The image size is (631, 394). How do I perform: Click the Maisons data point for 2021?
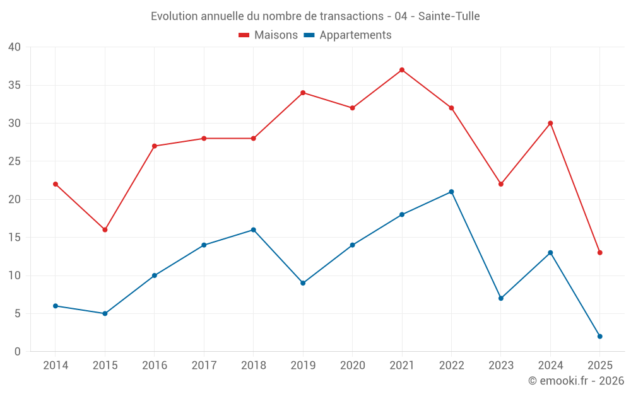(402, 70)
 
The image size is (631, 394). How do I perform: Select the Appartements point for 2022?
(451, 192)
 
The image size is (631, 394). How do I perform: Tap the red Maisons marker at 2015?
(105, 229)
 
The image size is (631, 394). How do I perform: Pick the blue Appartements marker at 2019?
(303, 283)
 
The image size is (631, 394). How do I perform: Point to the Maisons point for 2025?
(599, 253)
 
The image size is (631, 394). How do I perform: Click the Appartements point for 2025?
(599, 337)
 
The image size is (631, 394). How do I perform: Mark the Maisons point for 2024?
(550, 123)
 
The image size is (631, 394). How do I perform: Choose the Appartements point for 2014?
(56, 306)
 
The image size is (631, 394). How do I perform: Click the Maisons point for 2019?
(303, 93)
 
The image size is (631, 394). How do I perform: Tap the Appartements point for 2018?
(253, 229)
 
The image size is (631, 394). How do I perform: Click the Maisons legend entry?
(268, 35)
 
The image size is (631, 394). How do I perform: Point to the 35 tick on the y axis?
(14, 85)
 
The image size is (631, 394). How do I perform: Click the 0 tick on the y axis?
(18, 352)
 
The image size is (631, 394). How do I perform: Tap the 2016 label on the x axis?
(155, 366)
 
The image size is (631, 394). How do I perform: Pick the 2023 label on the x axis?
(501, 366)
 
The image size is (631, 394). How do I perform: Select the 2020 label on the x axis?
(352, 366)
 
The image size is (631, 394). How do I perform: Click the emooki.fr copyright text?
(576, 381)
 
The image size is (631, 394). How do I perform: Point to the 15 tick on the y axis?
(14, 238)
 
